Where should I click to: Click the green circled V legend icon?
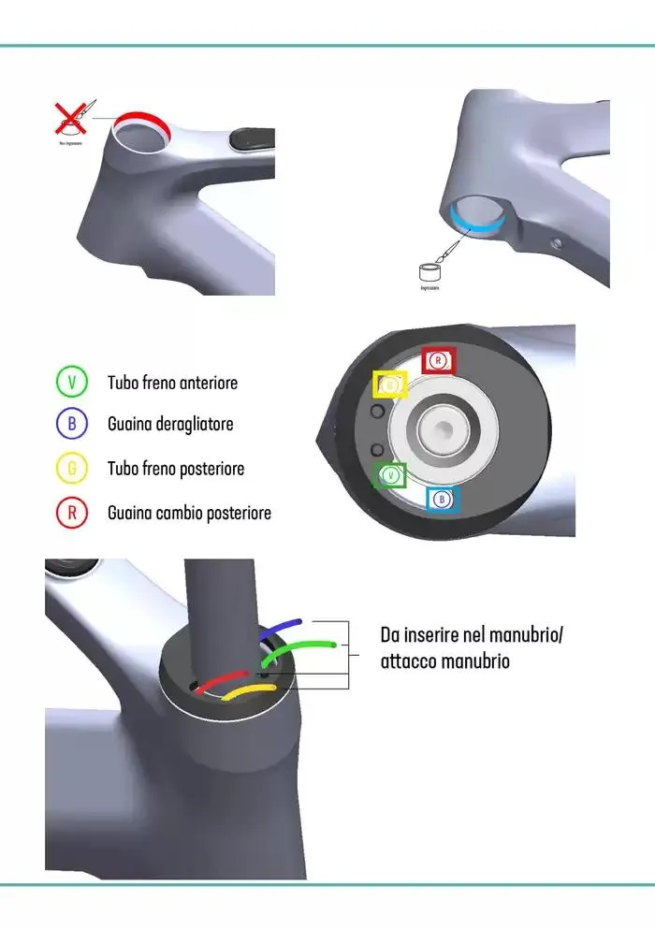pos(72,382)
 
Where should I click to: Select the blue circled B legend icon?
pos(72,424)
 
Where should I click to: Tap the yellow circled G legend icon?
pos(72,468)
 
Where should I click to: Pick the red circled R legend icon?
pos(72,513)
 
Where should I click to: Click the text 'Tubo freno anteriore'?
pos(173,383)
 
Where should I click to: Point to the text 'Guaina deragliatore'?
pos(170,424)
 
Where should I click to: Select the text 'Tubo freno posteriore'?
pos(176,468)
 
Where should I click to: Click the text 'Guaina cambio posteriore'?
pos(189,513)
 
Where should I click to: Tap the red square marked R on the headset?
pos(438,359)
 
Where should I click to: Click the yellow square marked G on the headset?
pos(390,385)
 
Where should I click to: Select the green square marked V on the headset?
pos(390,475)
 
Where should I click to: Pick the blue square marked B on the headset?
pos(443,500)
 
